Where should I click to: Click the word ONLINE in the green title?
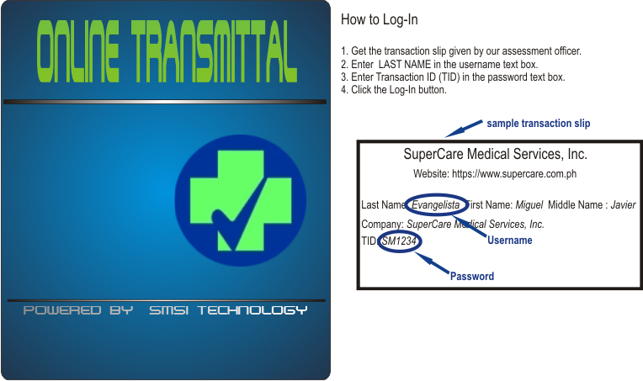(x=78, y=51)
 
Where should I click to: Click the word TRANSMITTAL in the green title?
(x=214, y=51)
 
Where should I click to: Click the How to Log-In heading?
(x=380, y=19)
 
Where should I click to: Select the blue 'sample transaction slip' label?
(x=539, y=124)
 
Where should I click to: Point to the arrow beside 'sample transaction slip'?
(x=464, y=129)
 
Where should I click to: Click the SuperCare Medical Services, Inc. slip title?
(x=496, y=154)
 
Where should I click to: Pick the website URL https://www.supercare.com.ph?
(x=514, y=174)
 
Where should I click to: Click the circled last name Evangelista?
(x=435, y=205)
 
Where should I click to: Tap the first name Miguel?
(x=529, y=205)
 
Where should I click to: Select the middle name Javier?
(x=624, y=205)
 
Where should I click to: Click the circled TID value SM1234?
(x=399, y=241)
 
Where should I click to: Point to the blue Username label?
(x=510, y=240)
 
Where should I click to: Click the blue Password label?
(x=472, y=276)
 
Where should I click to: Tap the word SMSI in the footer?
(x=168, y=310)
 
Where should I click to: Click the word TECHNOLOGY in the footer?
(x=252, y=310)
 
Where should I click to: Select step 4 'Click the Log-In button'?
(x=394, y=90)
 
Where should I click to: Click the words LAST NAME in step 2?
(x=405, y=64)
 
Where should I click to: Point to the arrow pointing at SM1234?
(x=433, y=262)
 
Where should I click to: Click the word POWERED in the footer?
(x=62, y=310)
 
